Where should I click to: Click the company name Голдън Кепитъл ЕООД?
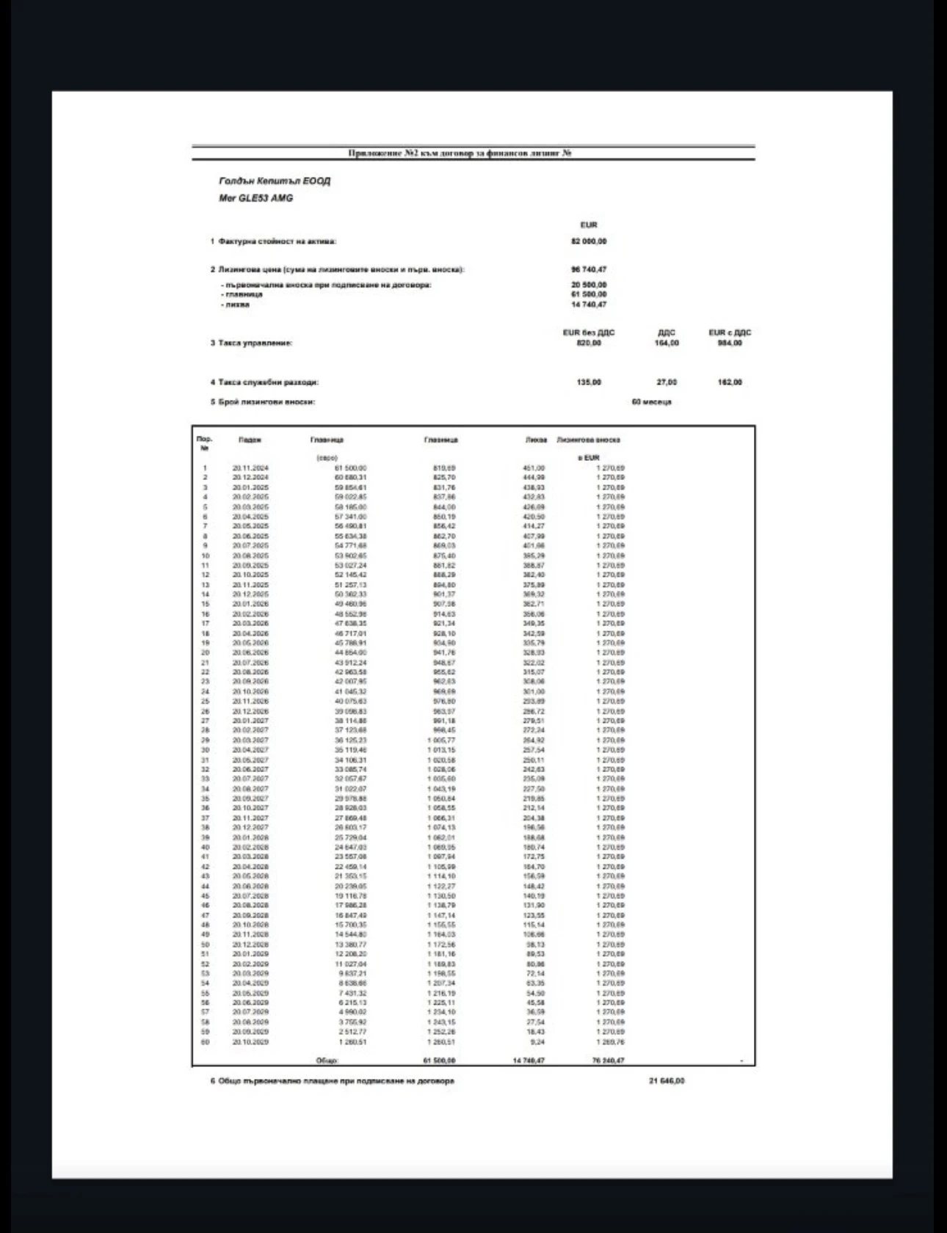click(275, 181)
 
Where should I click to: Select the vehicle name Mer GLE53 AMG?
click(255, 198)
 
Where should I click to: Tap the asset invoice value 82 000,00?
click(589, 241)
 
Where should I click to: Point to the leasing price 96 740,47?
click(589, 269)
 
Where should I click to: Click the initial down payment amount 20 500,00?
click(589, 285)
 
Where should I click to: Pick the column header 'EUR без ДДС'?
click(589, 332)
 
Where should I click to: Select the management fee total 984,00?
click(730, 343)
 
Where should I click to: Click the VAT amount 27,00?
click(667, 382)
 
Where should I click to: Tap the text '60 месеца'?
click(651, 402)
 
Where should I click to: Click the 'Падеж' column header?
click(250, 440)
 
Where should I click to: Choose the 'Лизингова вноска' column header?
click(588, 440)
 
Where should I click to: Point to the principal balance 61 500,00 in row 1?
click(350, 468)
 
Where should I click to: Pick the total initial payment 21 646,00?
click(667, 1081)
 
